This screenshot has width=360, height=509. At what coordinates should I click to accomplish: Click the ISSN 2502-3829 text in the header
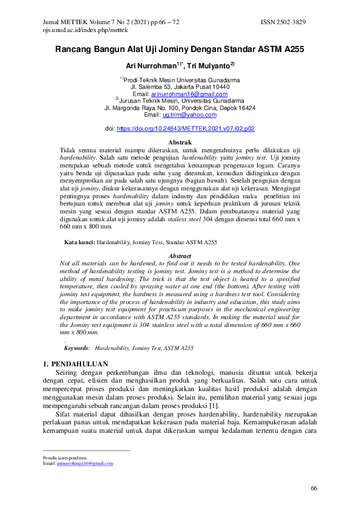283,22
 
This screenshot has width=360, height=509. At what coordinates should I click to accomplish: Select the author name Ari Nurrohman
150,65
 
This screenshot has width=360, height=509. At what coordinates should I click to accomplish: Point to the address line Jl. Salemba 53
180,87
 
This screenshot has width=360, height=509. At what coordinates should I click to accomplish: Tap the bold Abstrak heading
180,142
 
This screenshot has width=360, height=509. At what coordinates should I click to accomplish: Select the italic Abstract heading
180,256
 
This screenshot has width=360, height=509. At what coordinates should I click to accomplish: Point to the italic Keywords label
77,348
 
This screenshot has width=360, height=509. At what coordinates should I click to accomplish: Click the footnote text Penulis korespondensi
65,457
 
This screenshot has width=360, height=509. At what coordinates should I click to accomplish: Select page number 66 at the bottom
313,488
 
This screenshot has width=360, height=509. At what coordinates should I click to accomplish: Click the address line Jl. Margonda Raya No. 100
180,108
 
